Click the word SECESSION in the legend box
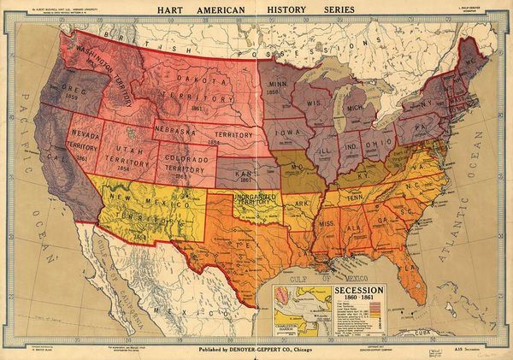350,288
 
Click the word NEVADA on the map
85,135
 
